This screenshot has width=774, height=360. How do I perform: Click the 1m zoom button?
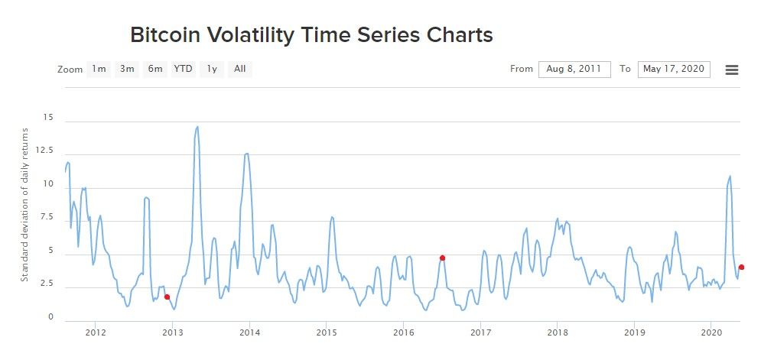click(x=99, y=70)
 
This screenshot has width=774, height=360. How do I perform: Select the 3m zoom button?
click(x=127, y=70)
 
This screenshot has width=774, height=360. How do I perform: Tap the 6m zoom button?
click(x=155, y=70)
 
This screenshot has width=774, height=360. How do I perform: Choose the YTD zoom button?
click(x=184, y=70)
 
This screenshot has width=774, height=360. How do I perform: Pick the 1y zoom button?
click(x=212, y=70)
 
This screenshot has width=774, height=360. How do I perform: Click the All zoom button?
click(x=240, y=70)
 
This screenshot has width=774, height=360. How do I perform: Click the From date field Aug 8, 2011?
click(x=574, y=70)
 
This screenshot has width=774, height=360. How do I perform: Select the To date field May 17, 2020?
click(x=674, y=70)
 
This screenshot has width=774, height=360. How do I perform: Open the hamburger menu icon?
click(x=732, y=70)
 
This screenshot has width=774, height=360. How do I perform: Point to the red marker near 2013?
click(x=167, y=297)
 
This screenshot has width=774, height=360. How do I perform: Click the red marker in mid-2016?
click(x=442, y=258)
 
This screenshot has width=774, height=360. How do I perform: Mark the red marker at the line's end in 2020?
click(x=741, y=267)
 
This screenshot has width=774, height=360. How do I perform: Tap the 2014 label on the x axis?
click(x=250, y=332)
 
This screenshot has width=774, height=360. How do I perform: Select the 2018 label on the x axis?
click(x=558, y=332)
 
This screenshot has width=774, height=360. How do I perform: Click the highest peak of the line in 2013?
click(x=197, y=127)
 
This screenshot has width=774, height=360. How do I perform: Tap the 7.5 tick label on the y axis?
click(x=47, y=217)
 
